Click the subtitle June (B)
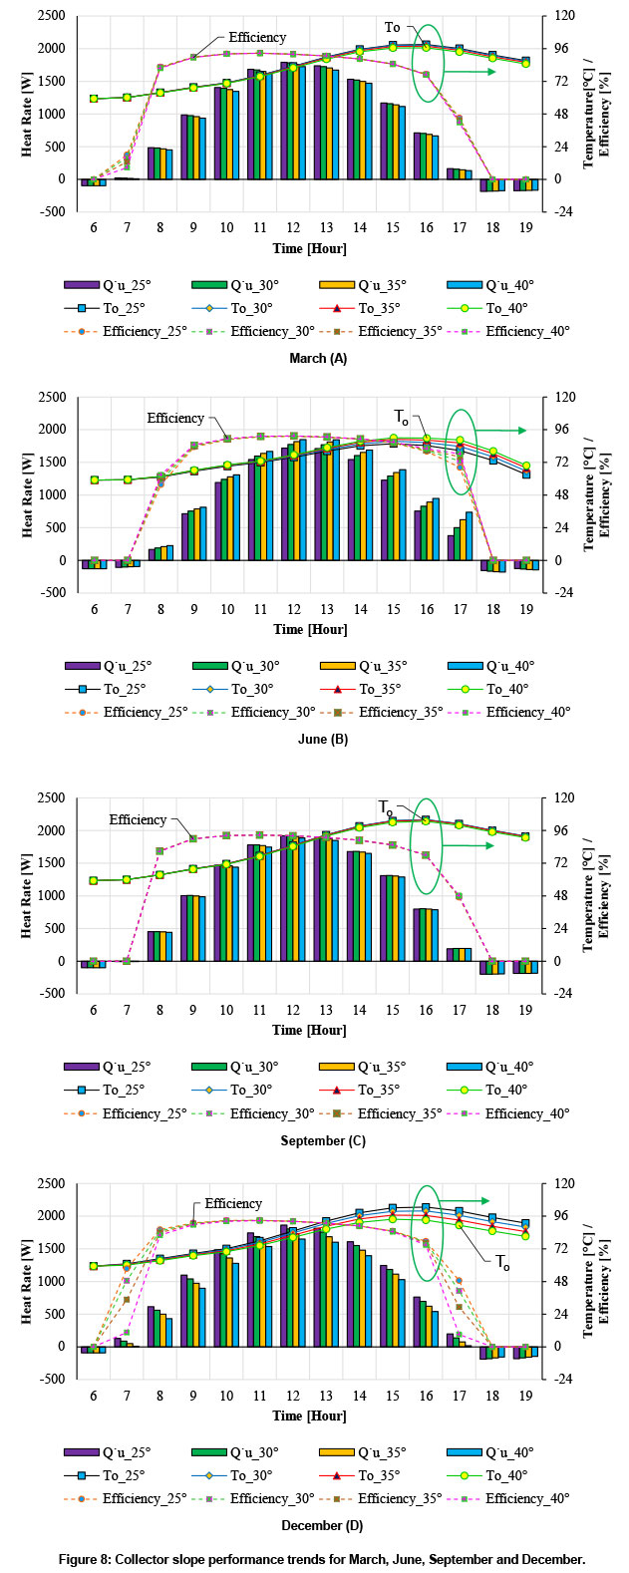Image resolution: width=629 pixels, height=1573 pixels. click(314, 739)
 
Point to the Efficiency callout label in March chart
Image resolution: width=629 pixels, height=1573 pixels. click(257, 37)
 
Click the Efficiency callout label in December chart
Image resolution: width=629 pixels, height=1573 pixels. click(233, 1203)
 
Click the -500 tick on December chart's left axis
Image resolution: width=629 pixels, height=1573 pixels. click(50, 1379)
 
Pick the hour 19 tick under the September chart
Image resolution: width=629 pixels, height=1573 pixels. click(525, 1011)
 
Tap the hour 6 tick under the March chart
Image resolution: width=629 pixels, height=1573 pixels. click(94, 228)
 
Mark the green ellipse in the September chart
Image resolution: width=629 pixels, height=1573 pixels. click(427, 846)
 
